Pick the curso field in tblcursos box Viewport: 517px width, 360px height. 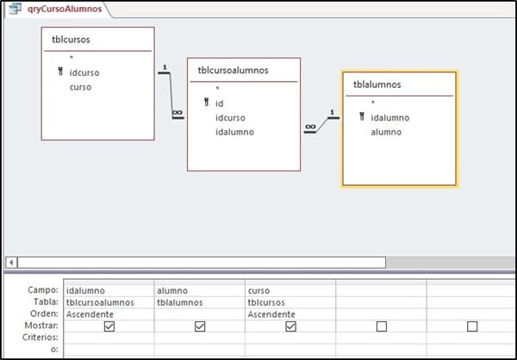80,86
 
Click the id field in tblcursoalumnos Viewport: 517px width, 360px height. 220,102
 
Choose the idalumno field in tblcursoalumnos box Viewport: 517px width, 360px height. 234,132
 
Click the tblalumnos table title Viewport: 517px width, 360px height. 377,84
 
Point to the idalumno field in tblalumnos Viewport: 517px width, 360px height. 389,117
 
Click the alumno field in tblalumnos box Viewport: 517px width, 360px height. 386,132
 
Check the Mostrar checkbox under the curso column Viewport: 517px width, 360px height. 290,326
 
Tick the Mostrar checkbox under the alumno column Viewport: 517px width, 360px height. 200,326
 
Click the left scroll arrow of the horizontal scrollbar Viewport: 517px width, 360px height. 10,261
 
